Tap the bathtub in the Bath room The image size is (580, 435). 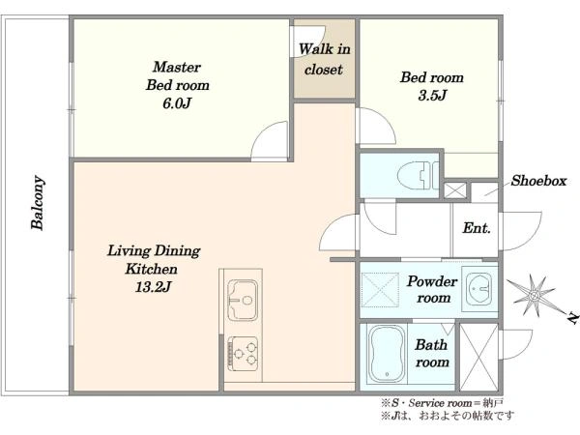(x=387, y=354)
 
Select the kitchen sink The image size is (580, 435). (x=243, y=300)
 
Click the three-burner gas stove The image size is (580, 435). (x=243, y=353)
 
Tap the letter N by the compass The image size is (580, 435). (x=572, y=318)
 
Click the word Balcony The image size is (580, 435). (x=38, y=203)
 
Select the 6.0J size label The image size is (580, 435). (x=177, y=103)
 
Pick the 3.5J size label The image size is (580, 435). (x=432, y=96)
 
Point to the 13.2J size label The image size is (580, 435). (x=153, y=287)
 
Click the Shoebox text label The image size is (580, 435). (x=539, y=181)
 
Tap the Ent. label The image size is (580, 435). (x=477, y=228)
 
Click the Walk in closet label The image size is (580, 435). (x=325, y=59)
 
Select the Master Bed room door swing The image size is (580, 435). (x=270, y=141)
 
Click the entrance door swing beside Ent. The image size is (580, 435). (x=520, y=231)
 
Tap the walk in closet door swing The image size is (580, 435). (x=308, y=41)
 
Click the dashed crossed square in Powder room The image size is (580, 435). (x=380, y=290)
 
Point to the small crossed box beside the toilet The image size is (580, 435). (x=455, y=190)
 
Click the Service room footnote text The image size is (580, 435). (x=443, y=402)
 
